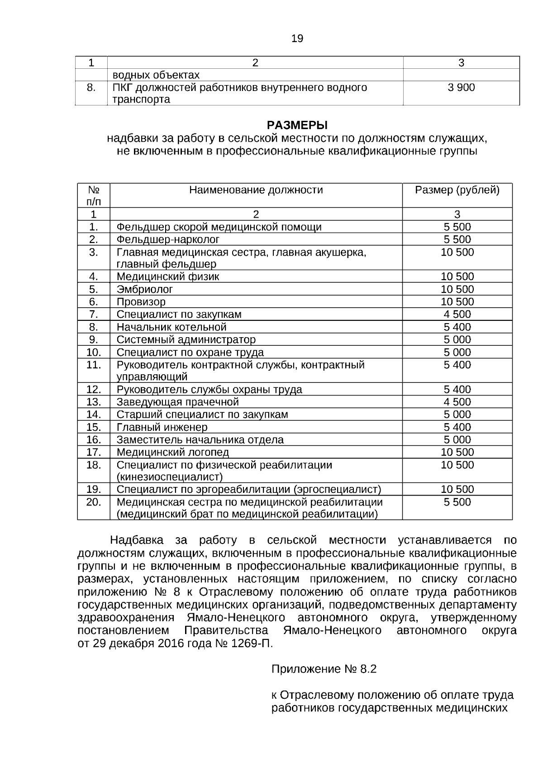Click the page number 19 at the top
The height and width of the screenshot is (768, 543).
click(297, 39)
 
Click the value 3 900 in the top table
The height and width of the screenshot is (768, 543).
click(461, 87)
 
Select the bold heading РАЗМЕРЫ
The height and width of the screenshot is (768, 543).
click(297, 125)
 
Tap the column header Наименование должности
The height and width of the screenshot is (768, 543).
click(256, 190)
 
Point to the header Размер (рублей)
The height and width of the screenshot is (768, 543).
click(457, 190)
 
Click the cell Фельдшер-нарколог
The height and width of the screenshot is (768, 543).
click(168, 239)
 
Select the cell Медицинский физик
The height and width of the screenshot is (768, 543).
click(168, 277)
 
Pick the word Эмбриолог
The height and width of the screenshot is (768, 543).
click(145, 289)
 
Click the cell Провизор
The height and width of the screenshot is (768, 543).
click(141, 302)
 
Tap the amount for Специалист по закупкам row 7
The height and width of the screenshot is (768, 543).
click(457, 315)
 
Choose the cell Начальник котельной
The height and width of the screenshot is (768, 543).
click(171, 327)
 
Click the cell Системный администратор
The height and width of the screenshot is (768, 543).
click(186, 340)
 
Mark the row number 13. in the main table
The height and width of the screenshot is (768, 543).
click(94, 402)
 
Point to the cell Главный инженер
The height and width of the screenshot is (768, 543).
click(162, 427)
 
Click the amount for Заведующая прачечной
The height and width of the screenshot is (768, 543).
click(457, 402)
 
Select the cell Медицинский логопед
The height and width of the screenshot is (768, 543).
click(173, 452)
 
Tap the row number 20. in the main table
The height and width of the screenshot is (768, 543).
click(94, 502)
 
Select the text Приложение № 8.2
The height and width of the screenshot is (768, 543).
click(324, 669)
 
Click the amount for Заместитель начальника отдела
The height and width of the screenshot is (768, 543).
click(457, 440)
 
